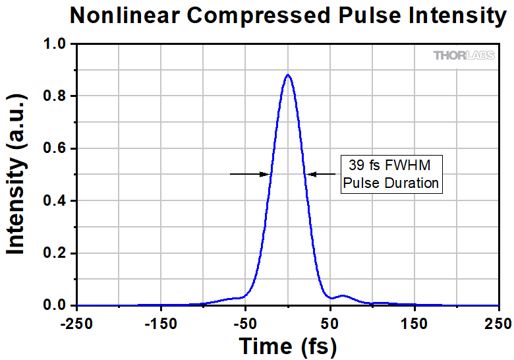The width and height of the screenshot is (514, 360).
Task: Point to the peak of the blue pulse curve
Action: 288,75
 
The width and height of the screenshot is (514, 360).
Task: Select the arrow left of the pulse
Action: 250,174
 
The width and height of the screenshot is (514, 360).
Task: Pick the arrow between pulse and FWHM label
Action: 322,174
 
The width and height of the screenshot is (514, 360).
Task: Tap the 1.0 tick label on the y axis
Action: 55,44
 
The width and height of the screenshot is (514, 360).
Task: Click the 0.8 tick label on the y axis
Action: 55,96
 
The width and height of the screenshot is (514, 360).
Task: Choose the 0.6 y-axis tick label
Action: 55,148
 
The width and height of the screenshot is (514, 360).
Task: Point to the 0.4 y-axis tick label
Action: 55,201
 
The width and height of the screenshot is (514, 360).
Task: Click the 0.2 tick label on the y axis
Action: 55,253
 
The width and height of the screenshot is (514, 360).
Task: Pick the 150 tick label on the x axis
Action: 414,323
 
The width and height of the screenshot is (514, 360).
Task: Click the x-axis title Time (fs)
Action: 287,345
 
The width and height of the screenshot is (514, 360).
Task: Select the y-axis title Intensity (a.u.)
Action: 16,174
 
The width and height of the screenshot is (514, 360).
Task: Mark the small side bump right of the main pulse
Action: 343,296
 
